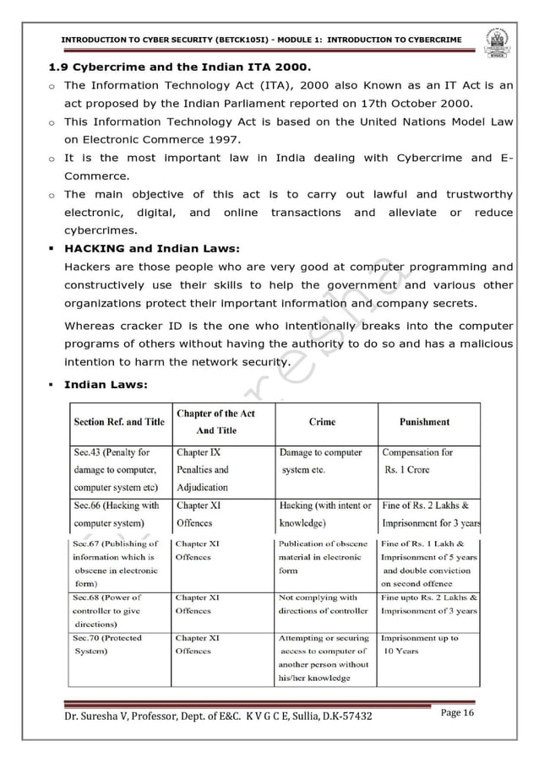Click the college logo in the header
pyautogui.click(x=497, y=41)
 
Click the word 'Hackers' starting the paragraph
pyautogui.click(x=88, y=267)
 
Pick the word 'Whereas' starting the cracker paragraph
pyautogui.click(x=91, y=326)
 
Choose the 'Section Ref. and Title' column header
pyautogui.click(x=119, y=421)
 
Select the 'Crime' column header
pyautogui.click(x=322, y=421)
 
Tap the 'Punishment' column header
pyautogui.click(x=424, y=421)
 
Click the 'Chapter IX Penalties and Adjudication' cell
pyautogui.click(x=203, y=469)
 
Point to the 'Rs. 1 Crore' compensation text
pyautogui.click(x=407, y=470)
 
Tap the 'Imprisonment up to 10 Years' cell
pyautogui.click(x=419, y=645)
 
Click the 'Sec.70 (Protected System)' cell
pyautogui.click(x=107, y=645)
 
